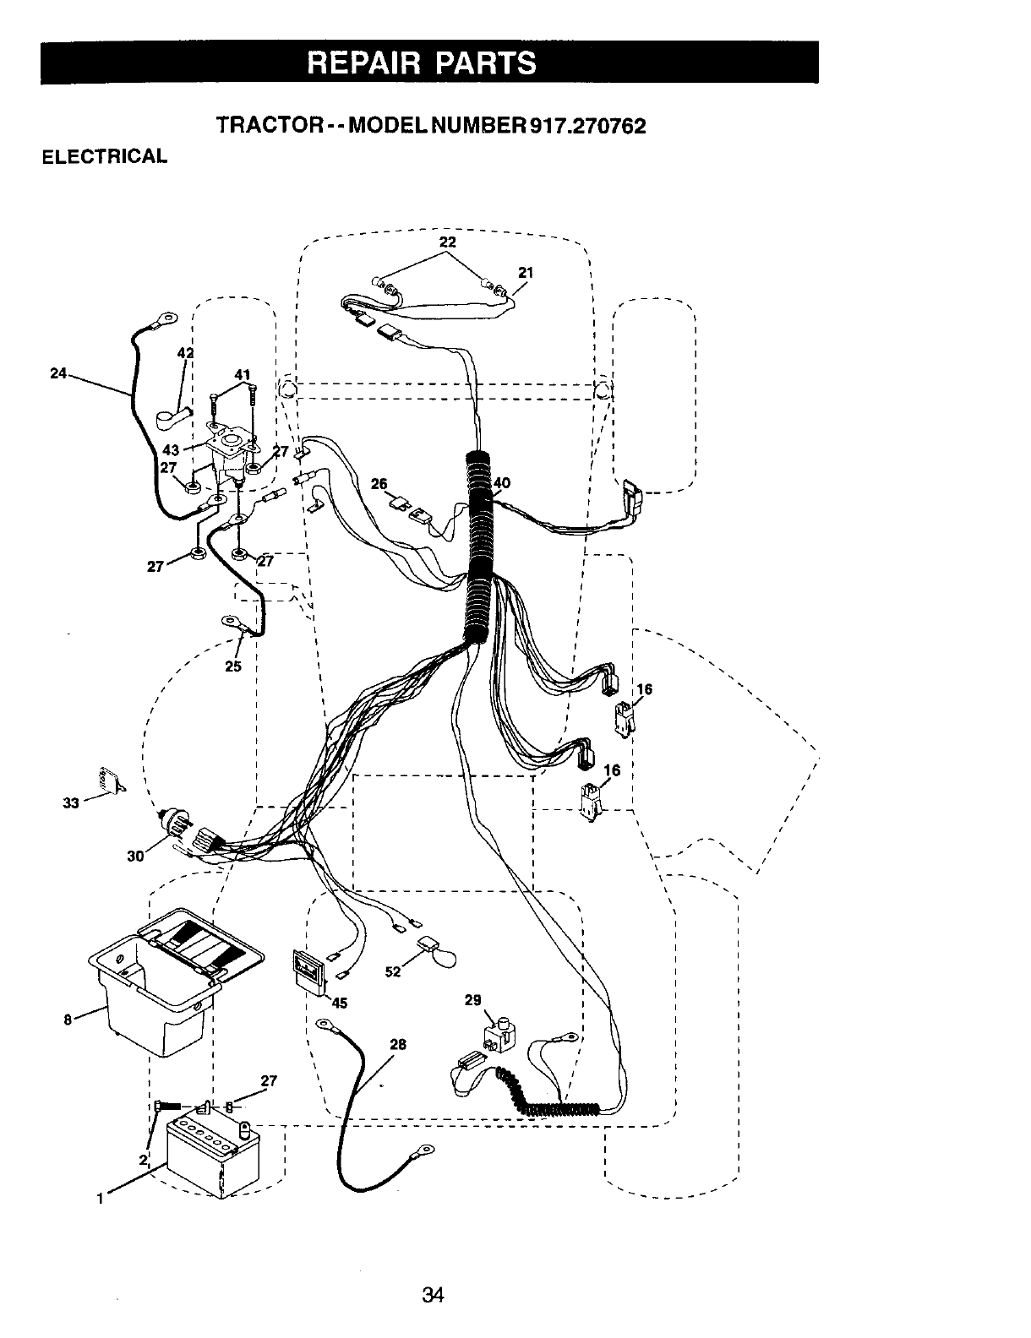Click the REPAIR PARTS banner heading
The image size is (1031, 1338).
(x=429, y=63)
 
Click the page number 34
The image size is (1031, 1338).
(x=434, y=1294)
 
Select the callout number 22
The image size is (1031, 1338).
(x=447, y=242)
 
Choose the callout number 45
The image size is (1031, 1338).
(x=339, y=1003)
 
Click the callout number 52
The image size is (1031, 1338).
(x=392, y=971)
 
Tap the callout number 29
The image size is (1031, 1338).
(x=473, y=1000)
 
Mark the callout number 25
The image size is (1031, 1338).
(x=233, y=666)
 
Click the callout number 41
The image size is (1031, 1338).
(x=243, y=374)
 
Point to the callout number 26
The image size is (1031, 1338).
(x=379, y=484)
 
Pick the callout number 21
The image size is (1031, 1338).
(x=525, y=272)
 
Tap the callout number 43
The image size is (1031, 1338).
(x=169, y=451)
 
